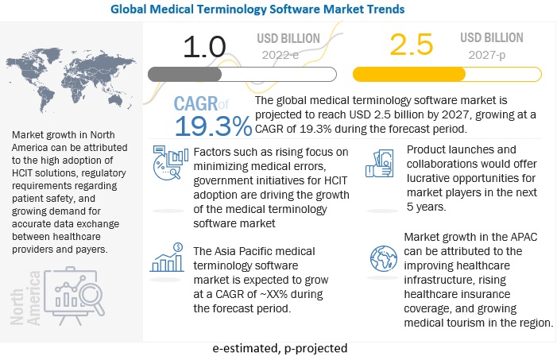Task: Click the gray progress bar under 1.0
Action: pyautogui.click(x=198, y=74)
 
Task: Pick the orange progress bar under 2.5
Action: pyautogui.click(x=408, y=74)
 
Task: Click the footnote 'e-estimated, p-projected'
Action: pyautogui.click(x=279, y=348)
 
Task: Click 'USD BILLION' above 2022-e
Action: pyautogui.click(x=289, y=37)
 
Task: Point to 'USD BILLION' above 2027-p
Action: pyautogui.click(x=493, y=37)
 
